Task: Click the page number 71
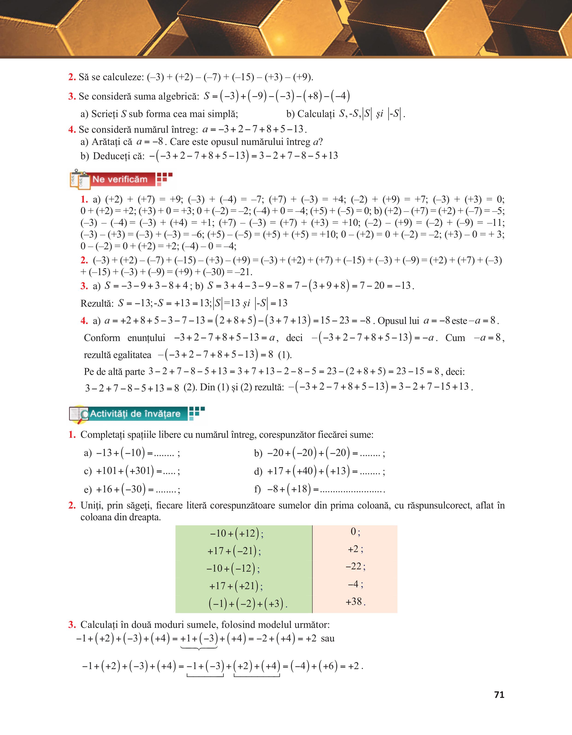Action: tap(499, 695)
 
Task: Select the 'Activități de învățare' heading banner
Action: tap(135, 414)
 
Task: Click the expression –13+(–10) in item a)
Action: tap(121, 453)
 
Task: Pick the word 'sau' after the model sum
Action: tap(328, 638)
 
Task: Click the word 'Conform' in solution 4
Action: tap(102, 338)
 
